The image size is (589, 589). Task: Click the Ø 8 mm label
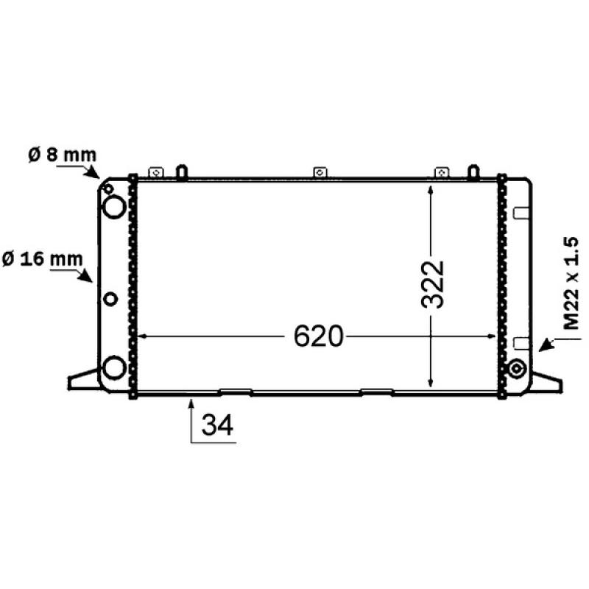pyautogui.click(x=62, y=155)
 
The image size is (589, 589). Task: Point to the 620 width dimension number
pyautogui.click(x=319, y=336)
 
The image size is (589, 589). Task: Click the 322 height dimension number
pyautogui.click(x=432, y=284)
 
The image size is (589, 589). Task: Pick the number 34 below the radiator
pyautogui.click(x=217, y=426)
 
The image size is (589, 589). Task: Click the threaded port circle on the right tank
pyautogui.click(x=517, y=367)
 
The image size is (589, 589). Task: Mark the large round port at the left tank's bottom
pyautogui.click(x=113, y=366)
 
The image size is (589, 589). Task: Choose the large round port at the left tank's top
pyautogui.click(x=114, y=207)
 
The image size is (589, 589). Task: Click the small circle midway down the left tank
pyautogui.click(x=110, y=298)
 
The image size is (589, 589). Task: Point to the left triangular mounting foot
pyautogui.click(x=82, y=379)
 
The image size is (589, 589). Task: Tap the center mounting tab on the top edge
pyautogui.click(x=320, y=172)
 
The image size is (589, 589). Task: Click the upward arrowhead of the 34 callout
pyautogui.click(x=191, y=402)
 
